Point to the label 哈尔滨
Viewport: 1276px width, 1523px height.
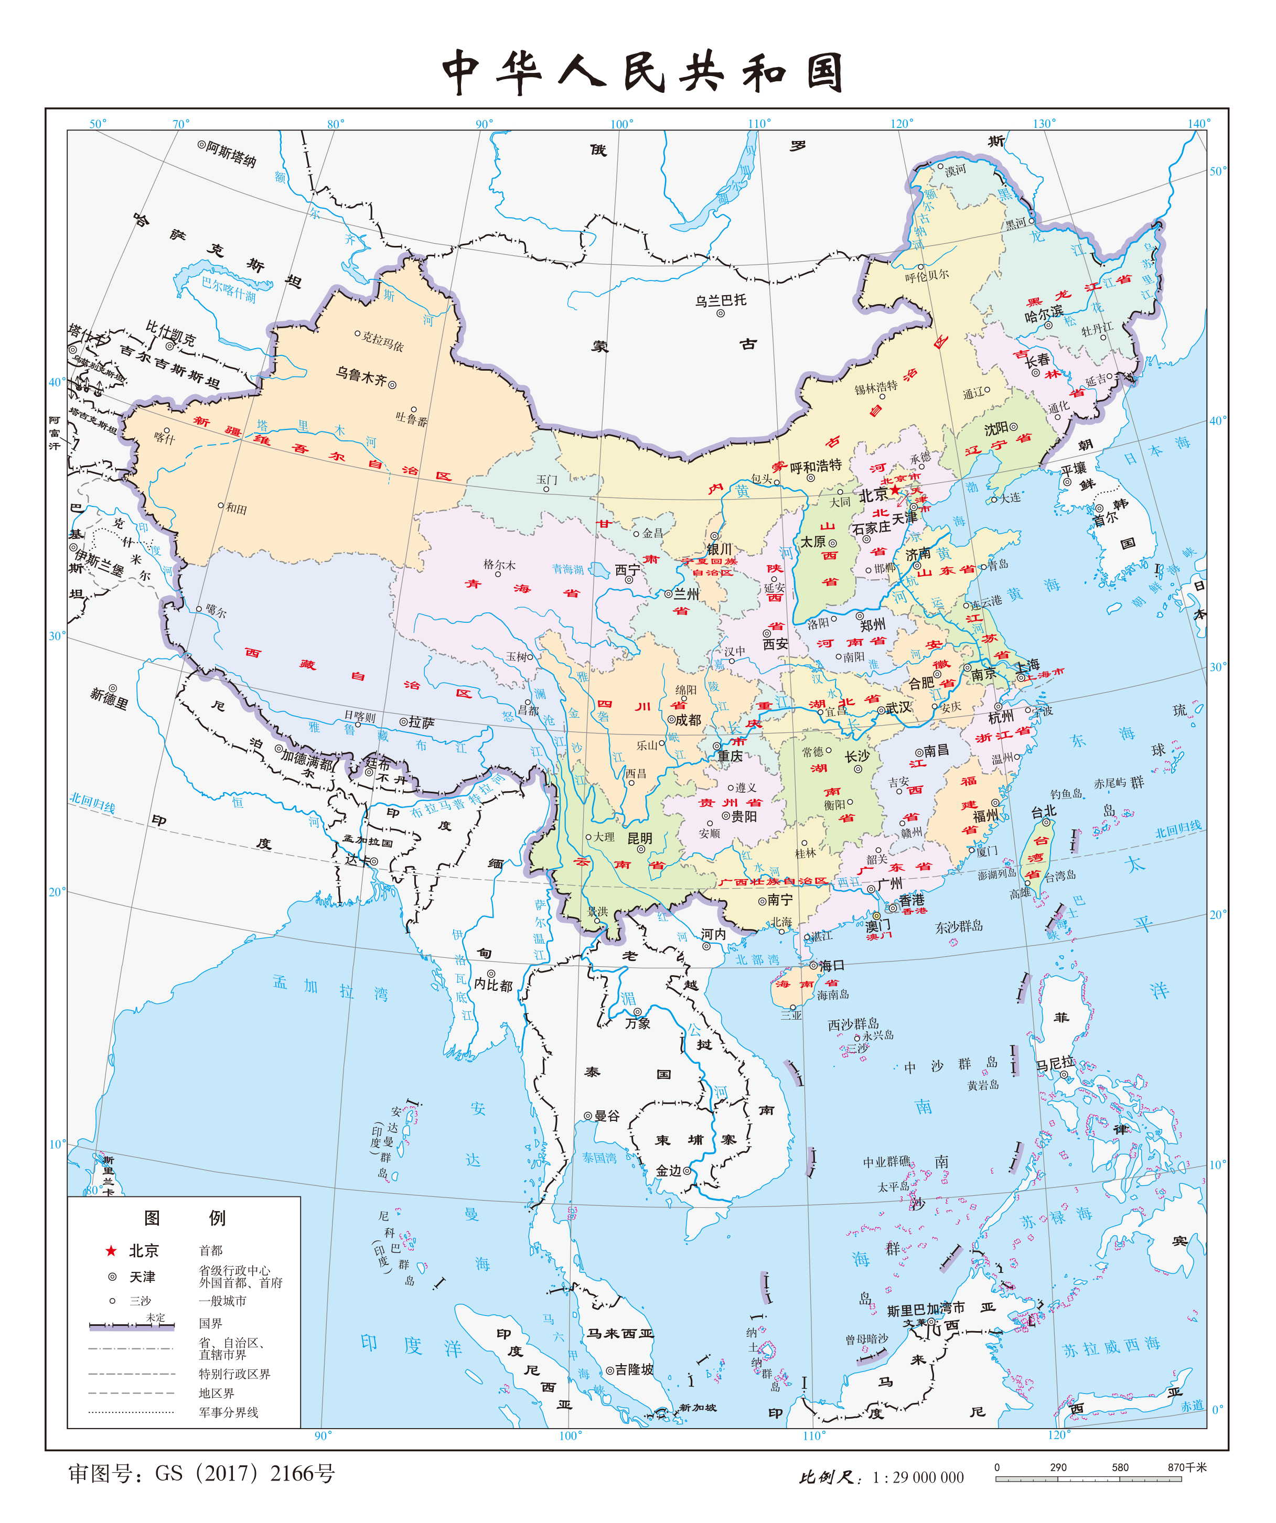[x=1043, y=315]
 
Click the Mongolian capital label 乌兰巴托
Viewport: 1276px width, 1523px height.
[x=720, y=300]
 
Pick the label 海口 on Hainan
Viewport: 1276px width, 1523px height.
[x=831, y=965]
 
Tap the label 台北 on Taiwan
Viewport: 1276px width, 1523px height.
[x=1044, y=812]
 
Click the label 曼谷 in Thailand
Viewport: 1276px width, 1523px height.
[x=606, y=1116]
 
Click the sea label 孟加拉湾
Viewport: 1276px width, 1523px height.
[x=330, y=988]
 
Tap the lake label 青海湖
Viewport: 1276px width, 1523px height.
[x=567, y=569]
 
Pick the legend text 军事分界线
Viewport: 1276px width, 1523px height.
[x=229, y=1412]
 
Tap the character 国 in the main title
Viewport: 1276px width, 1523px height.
[x=824, y=72]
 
